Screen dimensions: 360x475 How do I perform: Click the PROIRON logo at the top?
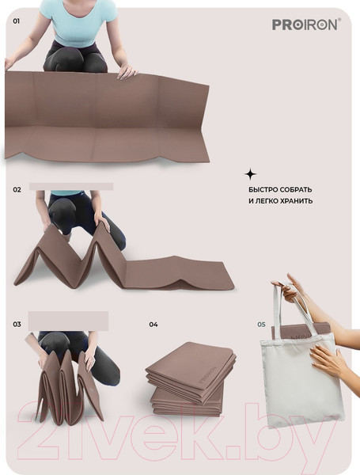[306, 25]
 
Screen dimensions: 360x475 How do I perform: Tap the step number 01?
[17, 21]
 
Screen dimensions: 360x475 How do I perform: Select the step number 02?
[17, 190]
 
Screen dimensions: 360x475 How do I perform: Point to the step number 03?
[17, 324]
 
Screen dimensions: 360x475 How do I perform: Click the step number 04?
[153, 325]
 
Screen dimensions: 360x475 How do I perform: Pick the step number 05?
[261, 325]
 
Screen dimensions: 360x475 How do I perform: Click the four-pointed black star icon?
[250, 174]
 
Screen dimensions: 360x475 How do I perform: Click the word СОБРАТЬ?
[296, 190]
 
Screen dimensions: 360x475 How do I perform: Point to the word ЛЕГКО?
[267, 201]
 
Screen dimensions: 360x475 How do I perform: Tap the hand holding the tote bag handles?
[290, 289]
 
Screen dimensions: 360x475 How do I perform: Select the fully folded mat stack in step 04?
[191, 378]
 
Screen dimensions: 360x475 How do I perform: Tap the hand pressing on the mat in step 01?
[127, 71]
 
